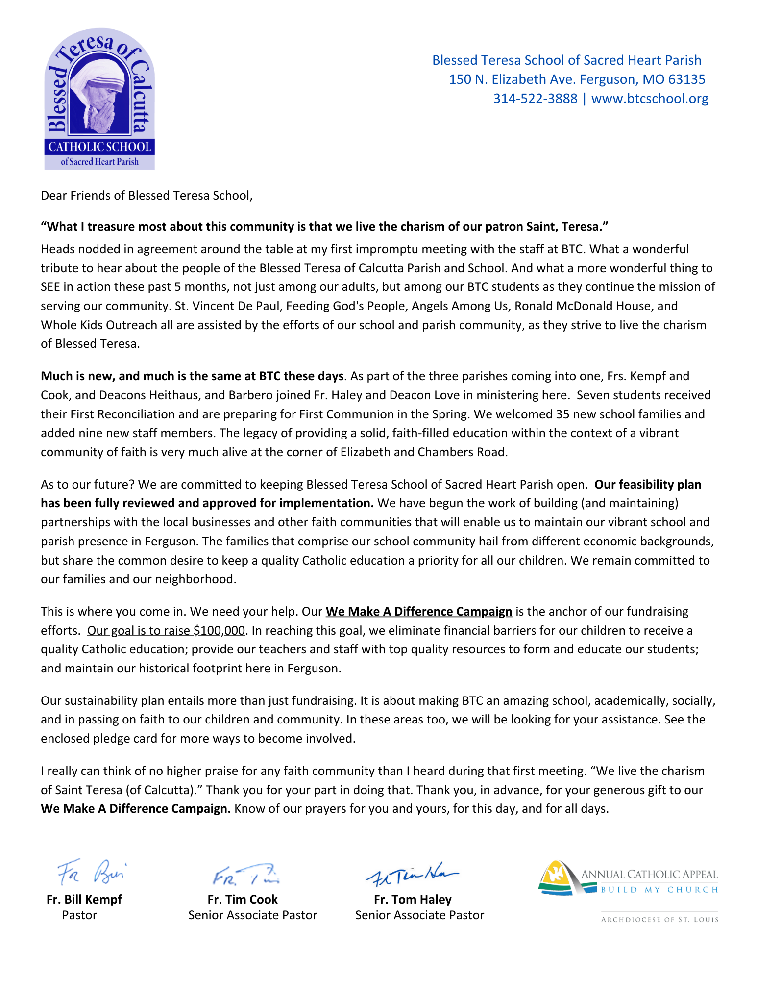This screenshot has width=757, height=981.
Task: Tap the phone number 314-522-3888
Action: (x=535, y=99)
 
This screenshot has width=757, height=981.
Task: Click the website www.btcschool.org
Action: (x=650, y=99)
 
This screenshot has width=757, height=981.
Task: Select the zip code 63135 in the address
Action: (x=688, y=79)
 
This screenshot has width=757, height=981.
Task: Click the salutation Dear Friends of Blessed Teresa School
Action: (x=146, y=196)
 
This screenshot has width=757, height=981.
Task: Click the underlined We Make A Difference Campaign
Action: (x=418, y=612)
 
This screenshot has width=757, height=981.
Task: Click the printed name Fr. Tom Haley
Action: (x=413, y=900)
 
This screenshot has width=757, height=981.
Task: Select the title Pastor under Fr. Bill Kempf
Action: (x=79, y=915)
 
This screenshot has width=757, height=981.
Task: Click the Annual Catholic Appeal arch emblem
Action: (x=559, y=878)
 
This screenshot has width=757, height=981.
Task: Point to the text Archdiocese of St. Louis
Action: (x=659, y=920)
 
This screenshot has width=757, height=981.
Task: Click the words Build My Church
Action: (x=659, y=890)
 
